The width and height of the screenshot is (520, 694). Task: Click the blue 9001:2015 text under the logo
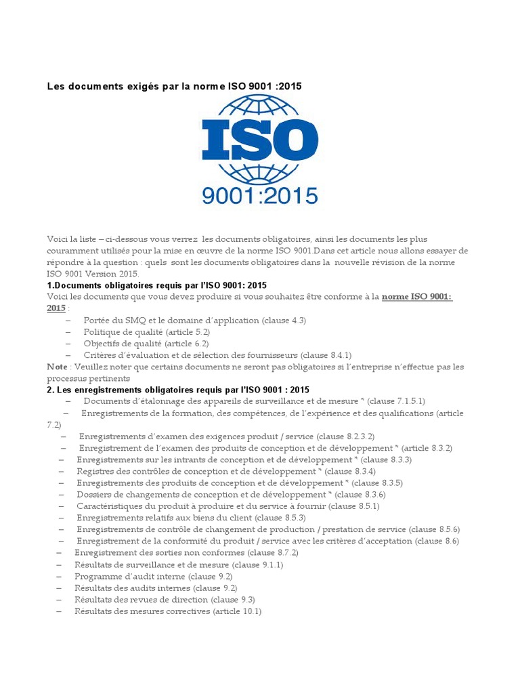pos(260,196)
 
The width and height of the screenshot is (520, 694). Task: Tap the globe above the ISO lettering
pos(260,106)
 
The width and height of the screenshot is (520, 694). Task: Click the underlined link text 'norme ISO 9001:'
pos(416,297)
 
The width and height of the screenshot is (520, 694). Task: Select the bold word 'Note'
pos(57,367)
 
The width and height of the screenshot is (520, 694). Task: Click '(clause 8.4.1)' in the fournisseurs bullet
pos(326,354)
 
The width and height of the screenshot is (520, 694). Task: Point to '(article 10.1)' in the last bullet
pos(237,611)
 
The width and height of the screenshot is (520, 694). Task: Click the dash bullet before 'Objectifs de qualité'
pos(68,344)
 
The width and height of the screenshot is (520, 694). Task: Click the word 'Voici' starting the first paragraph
pos(58,239)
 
